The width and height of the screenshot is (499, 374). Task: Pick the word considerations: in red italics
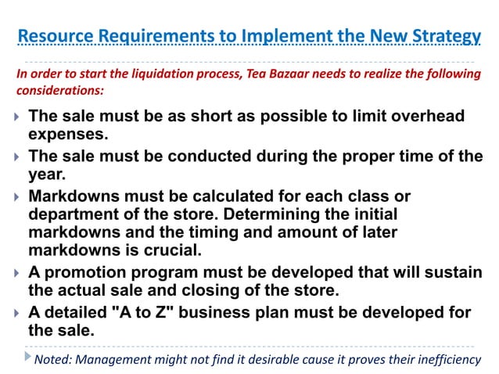click(x=59, y=90)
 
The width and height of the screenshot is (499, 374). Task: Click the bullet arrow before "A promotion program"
click(x=17, y=273)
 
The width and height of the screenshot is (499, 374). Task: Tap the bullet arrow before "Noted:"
click(x=28, y=358)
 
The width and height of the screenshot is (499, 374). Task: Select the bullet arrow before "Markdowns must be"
click(x=17, y=196)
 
